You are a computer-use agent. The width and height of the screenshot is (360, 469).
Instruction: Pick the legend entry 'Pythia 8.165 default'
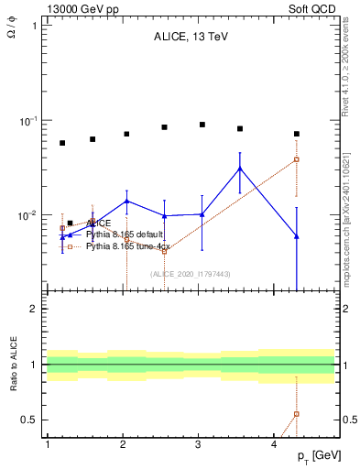tap(125, 234)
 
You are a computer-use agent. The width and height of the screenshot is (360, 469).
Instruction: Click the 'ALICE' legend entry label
tap(99, 223)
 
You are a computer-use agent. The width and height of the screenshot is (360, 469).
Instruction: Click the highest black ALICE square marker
tap(202, 125)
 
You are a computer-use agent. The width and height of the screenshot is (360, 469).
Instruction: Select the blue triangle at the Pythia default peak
tap(240, 169)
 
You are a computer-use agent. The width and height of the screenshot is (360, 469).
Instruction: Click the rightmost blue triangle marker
tap(297, 236)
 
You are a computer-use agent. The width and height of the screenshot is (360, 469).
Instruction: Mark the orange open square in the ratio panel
tap(297, 414)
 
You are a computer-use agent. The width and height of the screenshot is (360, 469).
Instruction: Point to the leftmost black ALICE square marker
tap(62, 143)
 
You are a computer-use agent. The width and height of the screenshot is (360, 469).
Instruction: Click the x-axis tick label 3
tap(199, 444)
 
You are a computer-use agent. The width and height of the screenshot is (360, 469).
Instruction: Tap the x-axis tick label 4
tap(275, 444)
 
